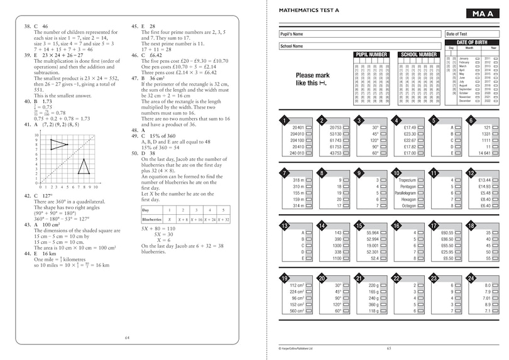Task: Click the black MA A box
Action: point(482,14)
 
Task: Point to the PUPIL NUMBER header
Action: point(370,55)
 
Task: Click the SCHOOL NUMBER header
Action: point(419,55)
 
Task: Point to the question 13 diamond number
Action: point(285,226)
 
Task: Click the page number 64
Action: point(128,339)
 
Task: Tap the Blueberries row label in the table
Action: point(153,219)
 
